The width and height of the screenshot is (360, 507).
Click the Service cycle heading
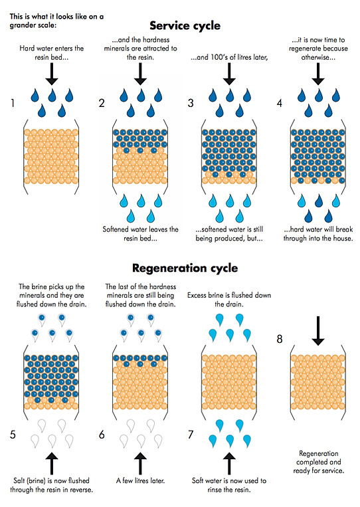click(185, 26)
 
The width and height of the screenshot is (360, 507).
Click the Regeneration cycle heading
click(185, 268)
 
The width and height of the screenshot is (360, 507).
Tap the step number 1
click(13, 103)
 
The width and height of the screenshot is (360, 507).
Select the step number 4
click(280, 103)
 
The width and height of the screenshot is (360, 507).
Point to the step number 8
click(280, 339)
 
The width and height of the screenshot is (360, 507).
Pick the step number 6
click(102, 435)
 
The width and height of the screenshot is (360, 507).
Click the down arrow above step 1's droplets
click(52, 74)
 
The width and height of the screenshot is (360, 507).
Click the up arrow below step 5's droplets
click(52, 463)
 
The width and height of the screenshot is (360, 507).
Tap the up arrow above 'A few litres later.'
click(140, 463)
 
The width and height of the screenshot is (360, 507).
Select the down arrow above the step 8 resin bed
click(318, 331)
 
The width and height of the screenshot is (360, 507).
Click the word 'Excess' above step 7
click(197, 295)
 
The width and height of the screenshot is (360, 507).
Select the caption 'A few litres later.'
click(141, 481)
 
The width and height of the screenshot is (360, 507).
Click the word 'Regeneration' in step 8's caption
click(319, 453)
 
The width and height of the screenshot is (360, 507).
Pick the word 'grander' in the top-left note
click(21, 25)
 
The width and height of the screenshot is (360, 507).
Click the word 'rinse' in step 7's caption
click(215, 490)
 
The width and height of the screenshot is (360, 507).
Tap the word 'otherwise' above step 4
click(317, 57)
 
